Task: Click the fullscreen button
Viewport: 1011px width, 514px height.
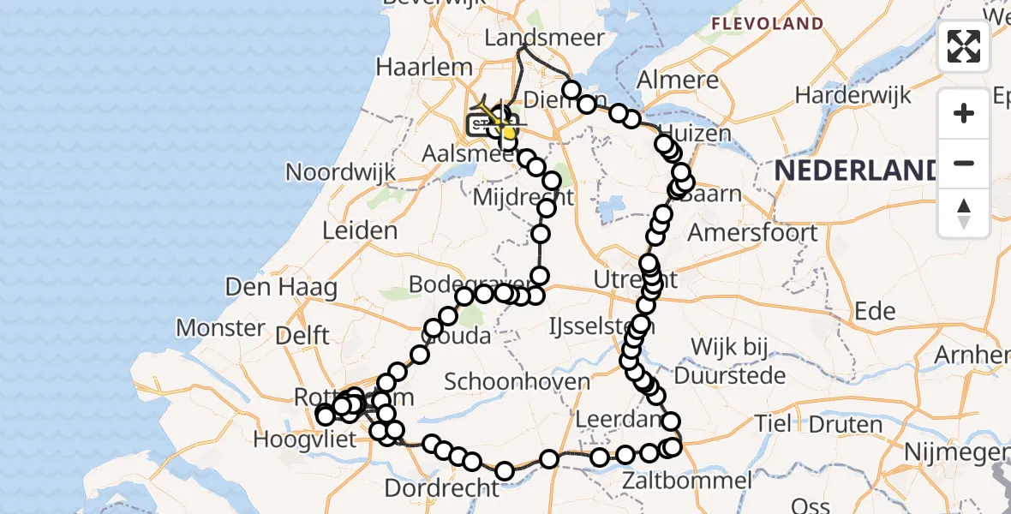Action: [x=964, y=46]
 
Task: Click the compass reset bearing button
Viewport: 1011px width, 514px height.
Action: [x=964, y=213]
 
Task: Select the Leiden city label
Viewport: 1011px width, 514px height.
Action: [x=360, y=230]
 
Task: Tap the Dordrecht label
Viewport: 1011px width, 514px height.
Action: [x=441, y=488]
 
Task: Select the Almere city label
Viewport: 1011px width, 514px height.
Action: [x=678, y=82]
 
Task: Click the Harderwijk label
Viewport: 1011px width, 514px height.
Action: [x=853, y=95]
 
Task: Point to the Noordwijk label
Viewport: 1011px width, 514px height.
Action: [x=340, y=172]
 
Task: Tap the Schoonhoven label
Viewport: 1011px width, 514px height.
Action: [x=517, y=382]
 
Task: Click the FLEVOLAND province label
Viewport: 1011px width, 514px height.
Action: [x=767, y=23]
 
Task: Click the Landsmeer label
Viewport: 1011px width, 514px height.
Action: [x=544, y=39]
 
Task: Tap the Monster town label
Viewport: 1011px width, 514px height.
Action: [x=221, y=327]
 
